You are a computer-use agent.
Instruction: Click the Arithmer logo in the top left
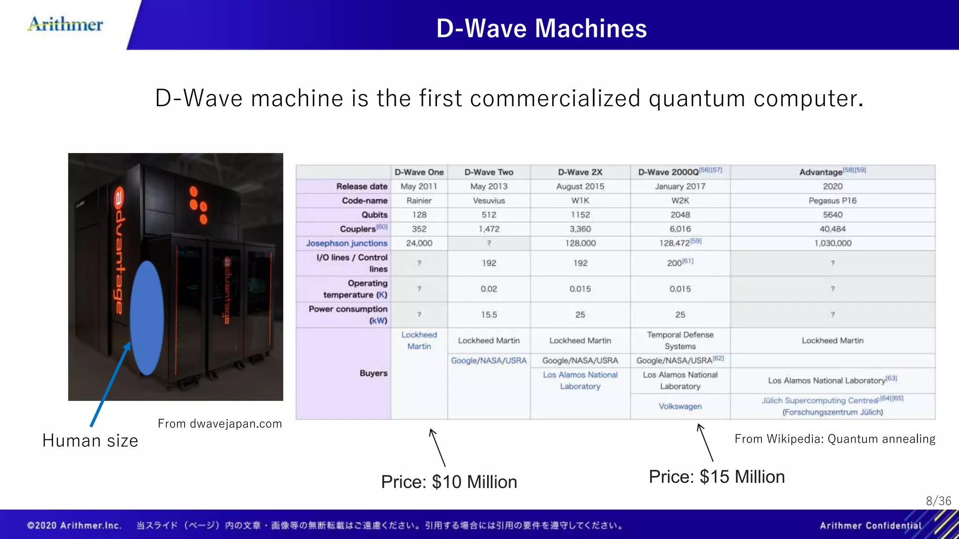(x=66, y=24)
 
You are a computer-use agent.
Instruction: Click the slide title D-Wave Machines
(x=541, y=29)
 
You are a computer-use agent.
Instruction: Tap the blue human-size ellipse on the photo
(x=147, y=318)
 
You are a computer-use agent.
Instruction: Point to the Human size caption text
(x=90, y=441)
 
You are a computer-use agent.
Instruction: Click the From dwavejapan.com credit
(x=220, y=424)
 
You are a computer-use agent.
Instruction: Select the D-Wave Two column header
(x=488, y=172)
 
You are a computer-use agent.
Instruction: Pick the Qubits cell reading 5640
(x=832, y=215)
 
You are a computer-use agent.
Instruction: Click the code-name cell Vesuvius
(x=488, y=201)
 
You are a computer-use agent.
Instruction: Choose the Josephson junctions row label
(x=347, y=243)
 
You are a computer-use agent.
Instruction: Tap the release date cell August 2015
(x=580, y=186)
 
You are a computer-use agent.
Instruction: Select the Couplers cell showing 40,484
(x=832, y=229)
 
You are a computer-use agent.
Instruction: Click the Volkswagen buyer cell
(x=680, y=406)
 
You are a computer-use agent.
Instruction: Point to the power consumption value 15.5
(x=488, y=315)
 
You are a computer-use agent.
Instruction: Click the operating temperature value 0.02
(x=488, y=289)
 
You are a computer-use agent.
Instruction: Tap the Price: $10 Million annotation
(x=449, y=482)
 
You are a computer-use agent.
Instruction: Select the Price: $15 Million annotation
(x=716, y=477)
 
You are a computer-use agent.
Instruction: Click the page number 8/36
(x=938, y=501)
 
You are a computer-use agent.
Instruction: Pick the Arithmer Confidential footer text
(x=870, y=525)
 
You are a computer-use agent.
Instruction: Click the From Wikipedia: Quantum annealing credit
(x=834, y=439)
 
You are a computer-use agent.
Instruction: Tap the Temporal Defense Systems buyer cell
(x=680, y=341)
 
